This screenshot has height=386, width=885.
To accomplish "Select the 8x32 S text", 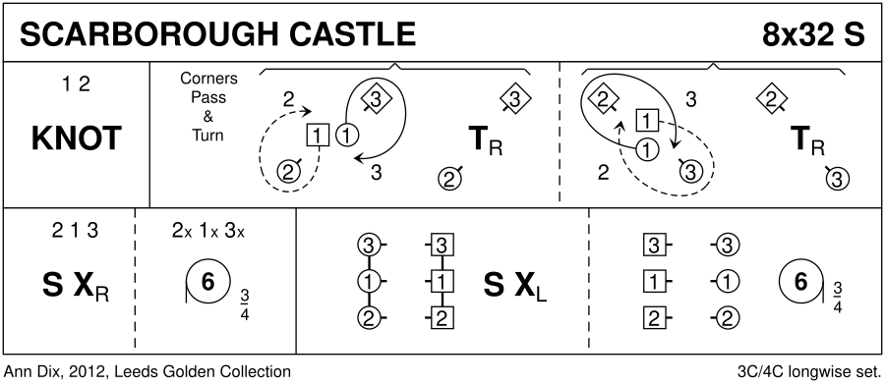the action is point(813,34).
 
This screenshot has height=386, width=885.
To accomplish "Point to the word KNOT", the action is point(76,138).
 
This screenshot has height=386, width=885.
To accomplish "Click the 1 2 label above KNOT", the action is point(76,84).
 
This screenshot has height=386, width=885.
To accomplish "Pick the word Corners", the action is point(208,79).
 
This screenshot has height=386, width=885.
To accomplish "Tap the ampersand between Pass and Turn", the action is point(208,117).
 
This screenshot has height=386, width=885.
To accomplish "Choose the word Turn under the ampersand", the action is point(208,136).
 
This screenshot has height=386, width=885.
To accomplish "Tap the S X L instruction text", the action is point(514,285).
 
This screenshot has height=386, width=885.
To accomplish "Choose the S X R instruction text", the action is point(75,285).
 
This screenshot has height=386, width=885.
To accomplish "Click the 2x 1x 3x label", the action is point(208,232).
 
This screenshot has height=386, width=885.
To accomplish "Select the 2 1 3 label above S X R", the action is point(75,232).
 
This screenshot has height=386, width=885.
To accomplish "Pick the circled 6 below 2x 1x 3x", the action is point(207,283).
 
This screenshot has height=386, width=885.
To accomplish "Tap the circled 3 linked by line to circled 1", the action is point(368,246).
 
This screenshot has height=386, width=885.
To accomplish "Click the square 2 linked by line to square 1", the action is point(442,319).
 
